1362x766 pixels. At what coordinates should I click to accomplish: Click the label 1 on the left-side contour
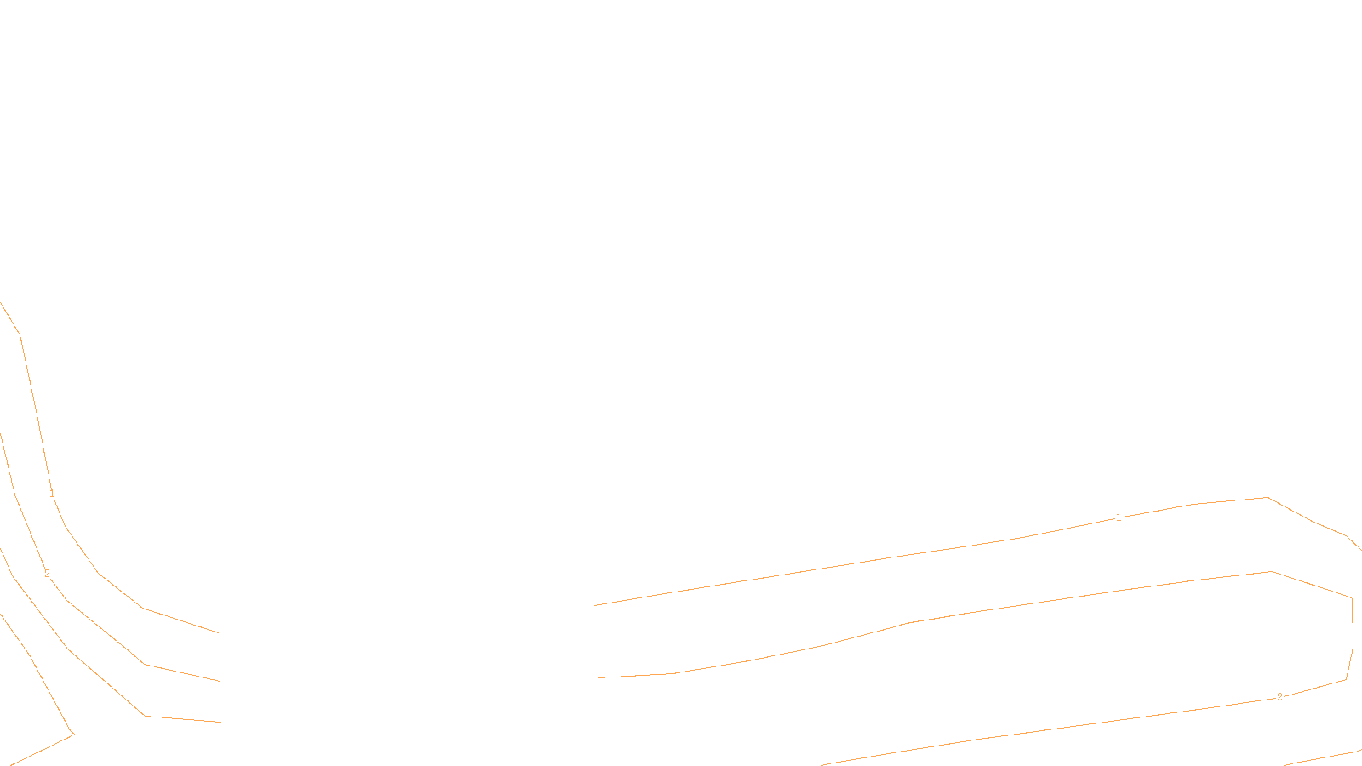coord(52,494)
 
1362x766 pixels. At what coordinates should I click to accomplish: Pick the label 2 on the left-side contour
coord(47,574)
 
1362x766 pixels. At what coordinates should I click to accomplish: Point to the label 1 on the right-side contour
coord(1119,517)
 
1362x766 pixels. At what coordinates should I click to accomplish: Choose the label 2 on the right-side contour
coord(1279,697)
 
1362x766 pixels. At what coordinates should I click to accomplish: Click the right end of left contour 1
coord(219,632)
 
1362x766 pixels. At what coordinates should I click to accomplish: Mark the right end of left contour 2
coord(220,681)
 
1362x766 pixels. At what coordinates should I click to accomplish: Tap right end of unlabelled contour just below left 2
coord(221,722)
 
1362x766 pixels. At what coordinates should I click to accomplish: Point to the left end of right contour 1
coord(594,605)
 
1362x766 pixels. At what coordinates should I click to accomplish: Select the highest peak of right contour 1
coord(1268,497)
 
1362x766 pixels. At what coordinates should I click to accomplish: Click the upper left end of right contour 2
coord(598,677)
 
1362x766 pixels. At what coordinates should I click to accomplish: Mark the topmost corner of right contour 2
coord(1271,571)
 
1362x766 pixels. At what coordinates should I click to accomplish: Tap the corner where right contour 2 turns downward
coord(1352,598)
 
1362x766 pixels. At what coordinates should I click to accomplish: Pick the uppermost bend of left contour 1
coord(20,335)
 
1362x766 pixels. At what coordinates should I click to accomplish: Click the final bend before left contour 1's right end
coord(142,608)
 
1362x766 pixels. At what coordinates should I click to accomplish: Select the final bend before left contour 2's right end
coord(144,664)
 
